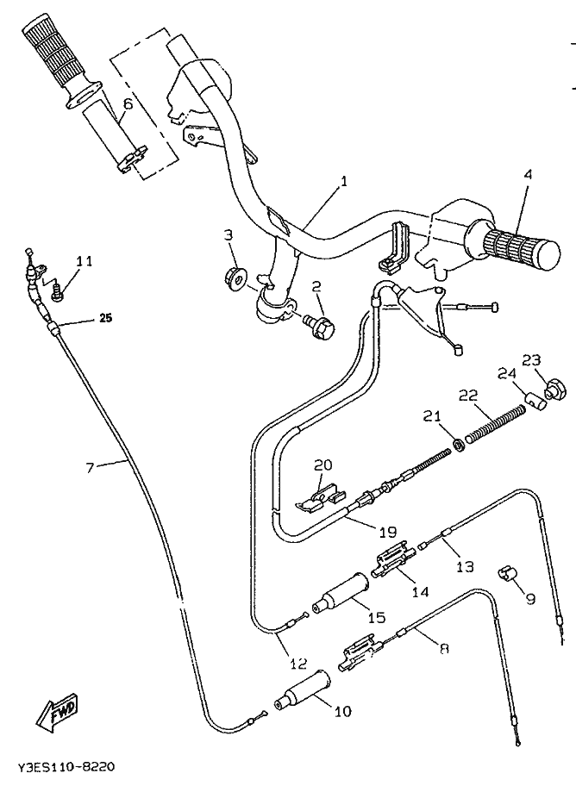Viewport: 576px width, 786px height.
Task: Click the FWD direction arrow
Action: pyautogui.click(x=57, y=712)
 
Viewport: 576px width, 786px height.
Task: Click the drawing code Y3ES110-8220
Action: pyautogui.click(x=66, y=767)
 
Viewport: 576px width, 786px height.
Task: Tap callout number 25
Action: pyautogui.click(x=106, y=318)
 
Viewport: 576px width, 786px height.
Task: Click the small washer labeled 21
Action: pyautogui.click(x=457, y=444)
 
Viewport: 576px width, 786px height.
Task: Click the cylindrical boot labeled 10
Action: pyautogui.click(x=303, y=690)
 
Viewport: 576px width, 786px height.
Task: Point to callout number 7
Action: pyautogui.click(x=90, y=468)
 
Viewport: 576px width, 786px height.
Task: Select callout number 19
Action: pyautogui.click(x=388, y=532)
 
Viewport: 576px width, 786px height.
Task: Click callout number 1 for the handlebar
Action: pyautogui.click(x=344, y=181)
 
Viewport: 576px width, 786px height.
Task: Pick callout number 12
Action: pyautogui.click(x=298, y=664)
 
